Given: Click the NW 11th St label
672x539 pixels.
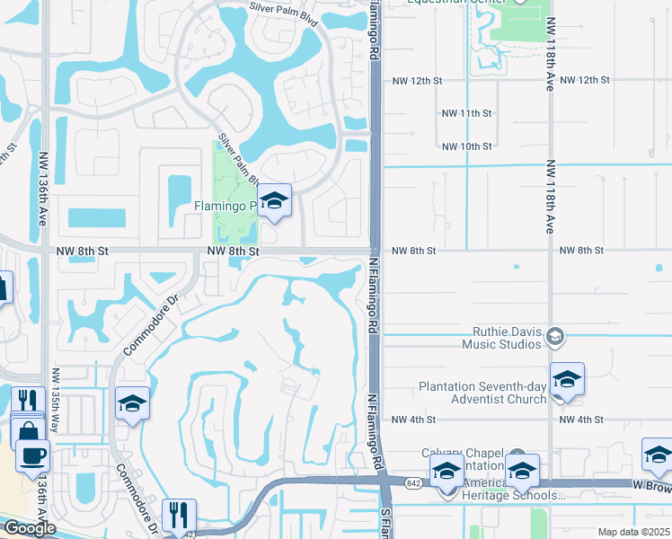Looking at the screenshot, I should (467, 113).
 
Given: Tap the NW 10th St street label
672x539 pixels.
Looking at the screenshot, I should (467, 146).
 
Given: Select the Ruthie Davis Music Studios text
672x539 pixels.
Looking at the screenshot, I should (503, 337).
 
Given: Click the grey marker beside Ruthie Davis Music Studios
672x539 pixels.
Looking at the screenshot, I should (555, 336).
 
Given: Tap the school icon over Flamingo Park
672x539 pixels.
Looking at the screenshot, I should (275, 201).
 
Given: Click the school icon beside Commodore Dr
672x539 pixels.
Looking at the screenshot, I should (132, 404).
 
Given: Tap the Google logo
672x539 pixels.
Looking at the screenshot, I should (30, 528).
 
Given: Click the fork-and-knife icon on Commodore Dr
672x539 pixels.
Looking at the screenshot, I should (181, 516).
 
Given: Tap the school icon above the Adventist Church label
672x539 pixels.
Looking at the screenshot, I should (567, 379).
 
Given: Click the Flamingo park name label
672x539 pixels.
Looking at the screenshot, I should (225, 207).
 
